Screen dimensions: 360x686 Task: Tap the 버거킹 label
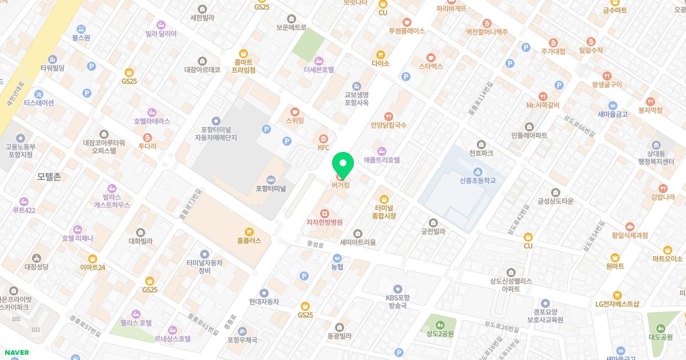point(340,185)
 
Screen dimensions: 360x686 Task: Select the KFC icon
point(324,138)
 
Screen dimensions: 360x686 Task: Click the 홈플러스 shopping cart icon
point(249,231)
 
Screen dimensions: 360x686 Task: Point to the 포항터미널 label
point(270,188)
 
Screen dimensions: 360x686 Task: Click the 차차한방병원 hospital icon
point(324,213)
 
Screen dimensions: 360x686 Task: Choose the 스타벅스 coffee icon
point(431,57)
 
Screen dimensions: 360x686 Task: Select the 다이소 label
point(380,63)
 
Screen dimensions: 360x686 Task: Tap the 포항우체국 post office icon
point(242,331)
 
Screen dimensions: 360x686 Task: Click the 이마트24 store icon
point(93,258)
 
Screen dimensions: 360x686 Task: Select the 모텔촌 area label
point(49,177)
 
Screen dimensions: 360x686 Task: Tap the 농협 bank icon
point(337,257)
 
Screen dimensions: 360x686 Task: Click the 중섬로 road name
point(314,244)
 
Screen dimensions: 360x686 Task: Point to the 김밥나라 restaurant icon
point(663,189)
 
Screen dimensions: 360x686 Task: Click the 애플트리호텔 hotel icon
point(382,151)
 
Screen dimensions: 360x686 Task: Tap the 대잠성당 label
point(37,266)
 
